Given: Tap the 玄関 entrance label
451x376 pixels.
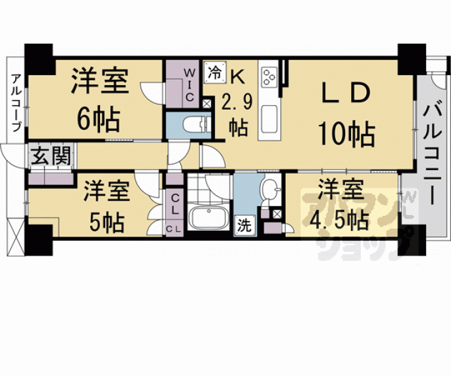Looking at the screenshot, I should pos(44,157).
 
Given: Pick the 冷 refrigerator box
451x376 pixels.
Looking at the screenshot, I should pos(214,72).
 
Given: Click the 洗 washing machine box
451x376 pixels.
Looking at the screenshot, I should pos(244,226).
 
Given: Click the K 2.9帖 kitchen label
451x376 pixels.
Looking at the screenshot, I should pos(235,101).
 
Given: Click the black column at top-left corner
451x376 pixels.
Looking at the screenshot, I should pos(39,57).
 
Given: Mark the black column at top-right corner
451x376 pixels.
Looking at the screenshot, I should pos(412,57).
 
